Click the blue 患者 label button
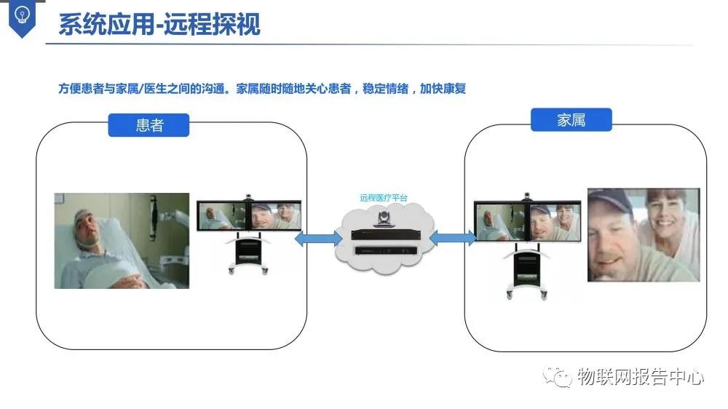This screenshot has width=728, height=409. (149, 125)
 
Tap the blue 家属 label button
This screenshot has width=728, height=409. (571, 120)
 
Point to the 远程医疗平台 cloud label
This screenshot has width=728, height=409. (383, 197)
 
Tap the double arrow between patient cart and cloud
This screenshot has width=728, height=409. (319, 239)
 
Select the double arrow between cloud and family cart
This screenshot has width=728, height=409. (451, 238)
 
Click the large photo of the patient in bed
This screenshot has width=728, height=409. (122, 240)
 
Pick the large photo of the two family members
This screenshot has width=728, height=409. (644, 235)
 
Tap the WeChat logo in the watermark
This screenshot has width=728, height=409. (561, 377)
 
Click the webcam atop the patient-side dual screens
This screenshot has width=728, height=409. (250, 197)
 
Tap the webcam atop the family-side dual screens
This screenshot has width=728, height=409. (527, 196)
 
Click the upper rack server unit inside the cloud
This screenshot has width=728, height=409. (384, 234)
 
